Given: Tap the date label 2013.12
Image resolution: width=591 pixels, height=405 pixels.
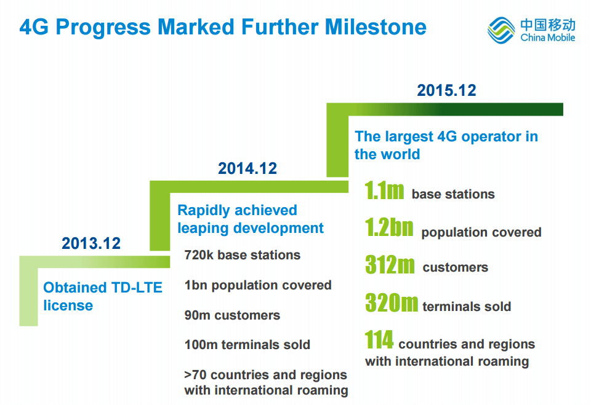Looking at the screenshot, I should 91,243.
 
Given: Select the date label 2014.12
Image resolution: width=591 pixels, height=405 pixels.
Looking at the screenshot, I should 247,168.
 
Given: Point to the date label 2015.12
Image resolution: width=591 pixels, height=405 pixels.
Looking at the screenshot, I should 446,90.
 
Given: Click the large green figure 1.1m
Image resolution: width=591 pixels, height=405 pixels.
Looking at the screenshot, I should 384,191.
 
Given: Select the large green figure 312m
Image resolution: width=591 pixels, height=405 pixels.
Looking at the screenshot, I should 390,265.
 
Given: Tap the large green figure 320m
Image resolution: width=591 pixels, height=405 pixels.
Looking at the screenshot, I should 392,303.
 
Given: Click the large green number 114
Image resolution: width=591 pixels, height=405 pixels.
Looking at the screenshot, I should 379,340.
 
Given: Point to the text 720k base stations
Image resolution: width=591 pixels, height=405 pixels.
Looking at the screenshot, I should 243,255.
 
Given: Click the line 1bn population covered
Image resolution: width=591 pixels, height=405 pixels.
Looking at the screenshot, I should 258,285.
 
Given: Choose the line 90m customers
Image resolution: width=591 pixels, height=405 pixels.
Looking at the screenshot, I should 232,315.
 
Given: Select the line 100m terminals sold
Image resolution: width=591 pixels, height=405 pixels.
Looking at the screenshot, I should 247,345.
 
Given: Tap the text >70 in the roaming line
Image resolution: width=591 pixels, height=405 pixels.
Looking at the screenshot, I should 196,375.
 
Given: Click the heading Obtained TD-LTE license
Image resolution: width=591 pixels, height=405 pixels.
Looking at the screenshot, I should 103,296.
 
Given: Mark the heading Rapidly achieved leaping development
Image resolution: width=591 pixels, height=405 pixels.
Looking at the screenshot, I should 251,219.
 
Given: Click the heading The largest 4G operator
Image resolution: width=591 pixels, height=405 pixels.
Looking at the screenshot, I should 446,145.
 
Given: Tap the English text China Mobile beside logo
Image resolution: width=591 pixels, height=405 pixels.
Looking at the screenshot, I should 547,38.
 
